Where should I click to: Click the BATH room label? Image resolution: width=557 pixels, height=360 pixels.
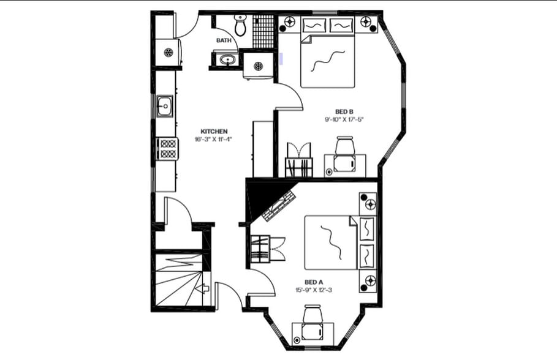(x=224, y=40)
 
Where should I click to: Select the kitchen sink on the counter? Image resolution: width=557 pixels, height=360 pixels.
(x=165, y=107)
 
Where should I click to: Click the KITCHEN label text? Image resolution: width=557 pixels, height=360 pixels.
(x=214, y=132)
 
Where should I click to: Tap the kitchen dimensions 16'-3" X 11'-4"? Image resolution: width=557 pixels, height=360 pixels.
(x=214, y=140)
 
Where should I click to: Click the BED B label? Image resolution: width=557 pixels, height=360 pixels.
(x=344, y=111)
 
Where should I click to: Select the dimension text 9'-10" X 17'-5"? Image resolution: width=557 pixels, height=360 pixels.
(x=344, y=119)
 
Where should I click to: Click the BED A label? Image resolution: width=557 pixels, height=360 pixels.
(x=313, y=282)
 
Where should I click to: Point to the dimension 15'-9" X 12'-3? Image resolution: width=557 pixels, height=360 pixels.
(x=313, y=290)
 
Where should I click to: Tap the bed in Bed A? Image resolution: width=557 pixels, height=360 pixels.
(x=331, y=242)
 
